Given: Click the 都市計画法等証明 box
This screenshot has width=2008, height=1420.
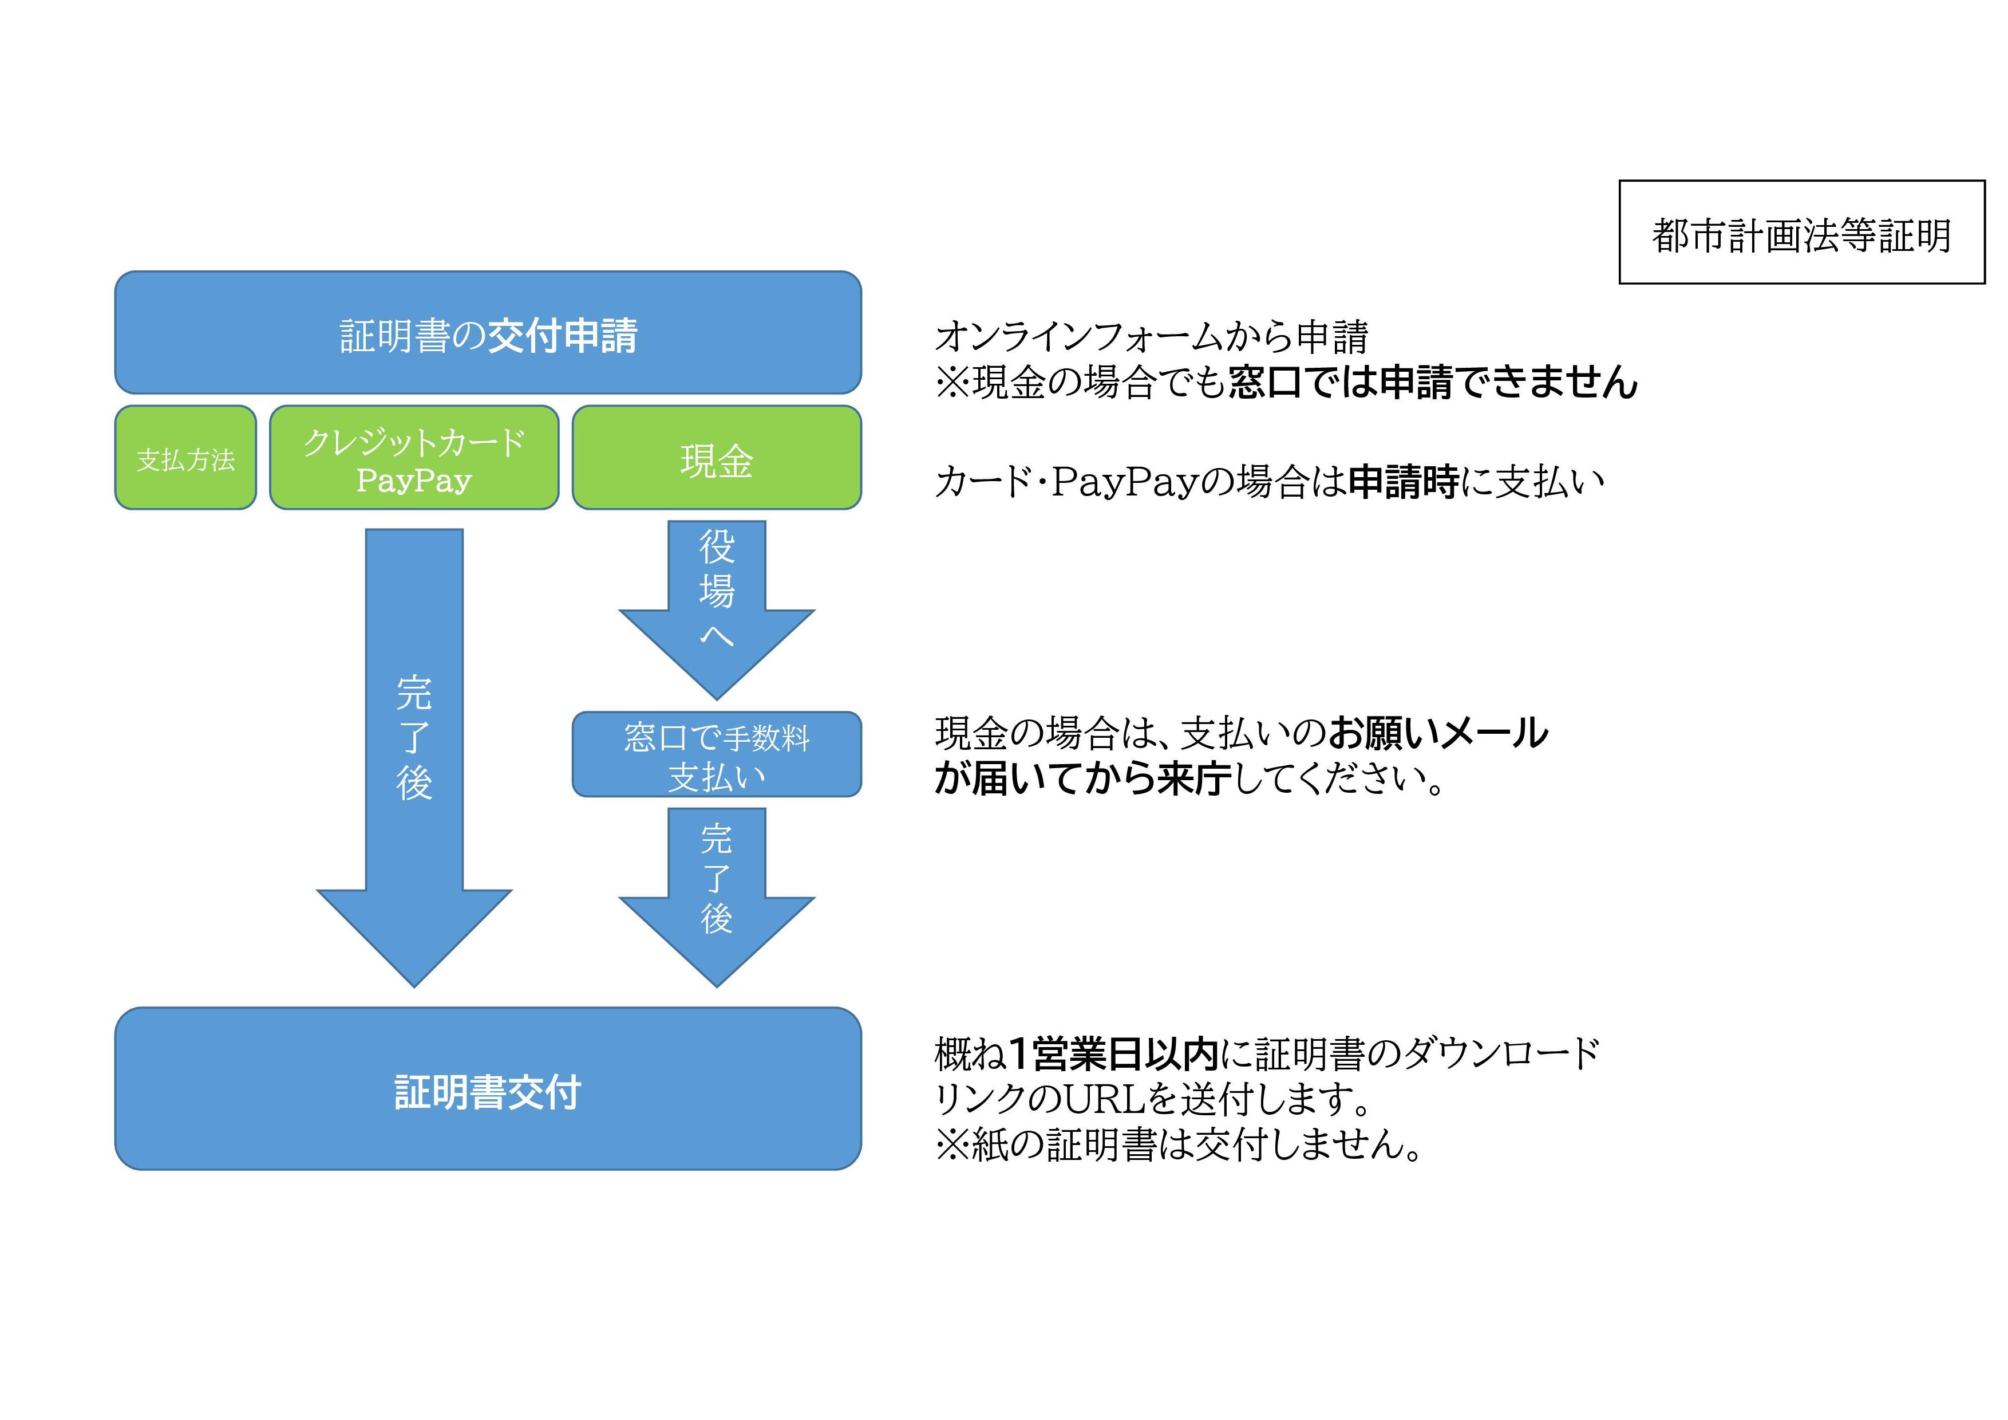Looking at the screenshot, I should (1801, 232).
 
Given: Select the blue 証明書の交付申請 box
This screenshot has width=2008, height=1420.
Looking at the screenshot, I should (488, 333).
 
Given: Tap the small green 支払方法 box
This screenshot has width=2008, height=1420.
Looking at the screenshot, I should (185, 458).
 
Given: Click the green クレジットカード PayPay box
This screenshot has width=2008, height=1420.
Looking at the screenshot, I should (414, 458).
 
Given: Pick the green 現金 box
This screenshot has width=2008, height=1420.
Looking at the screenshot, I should (716, 458).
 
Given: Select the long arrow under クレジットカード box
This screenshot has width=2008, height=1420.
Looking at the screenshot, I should (414, 744).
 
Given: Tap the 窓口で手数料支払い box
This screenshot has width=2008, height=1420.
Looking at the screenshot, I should (716, 754).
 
